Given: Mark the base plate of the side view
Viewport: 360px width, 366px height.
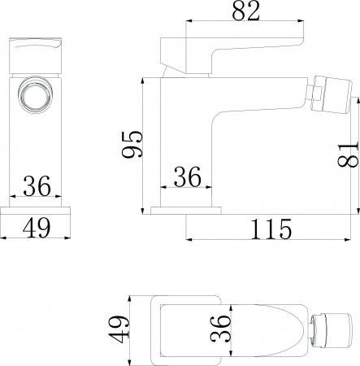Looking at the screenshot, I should pyautogui.click(x=188, y=211).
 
